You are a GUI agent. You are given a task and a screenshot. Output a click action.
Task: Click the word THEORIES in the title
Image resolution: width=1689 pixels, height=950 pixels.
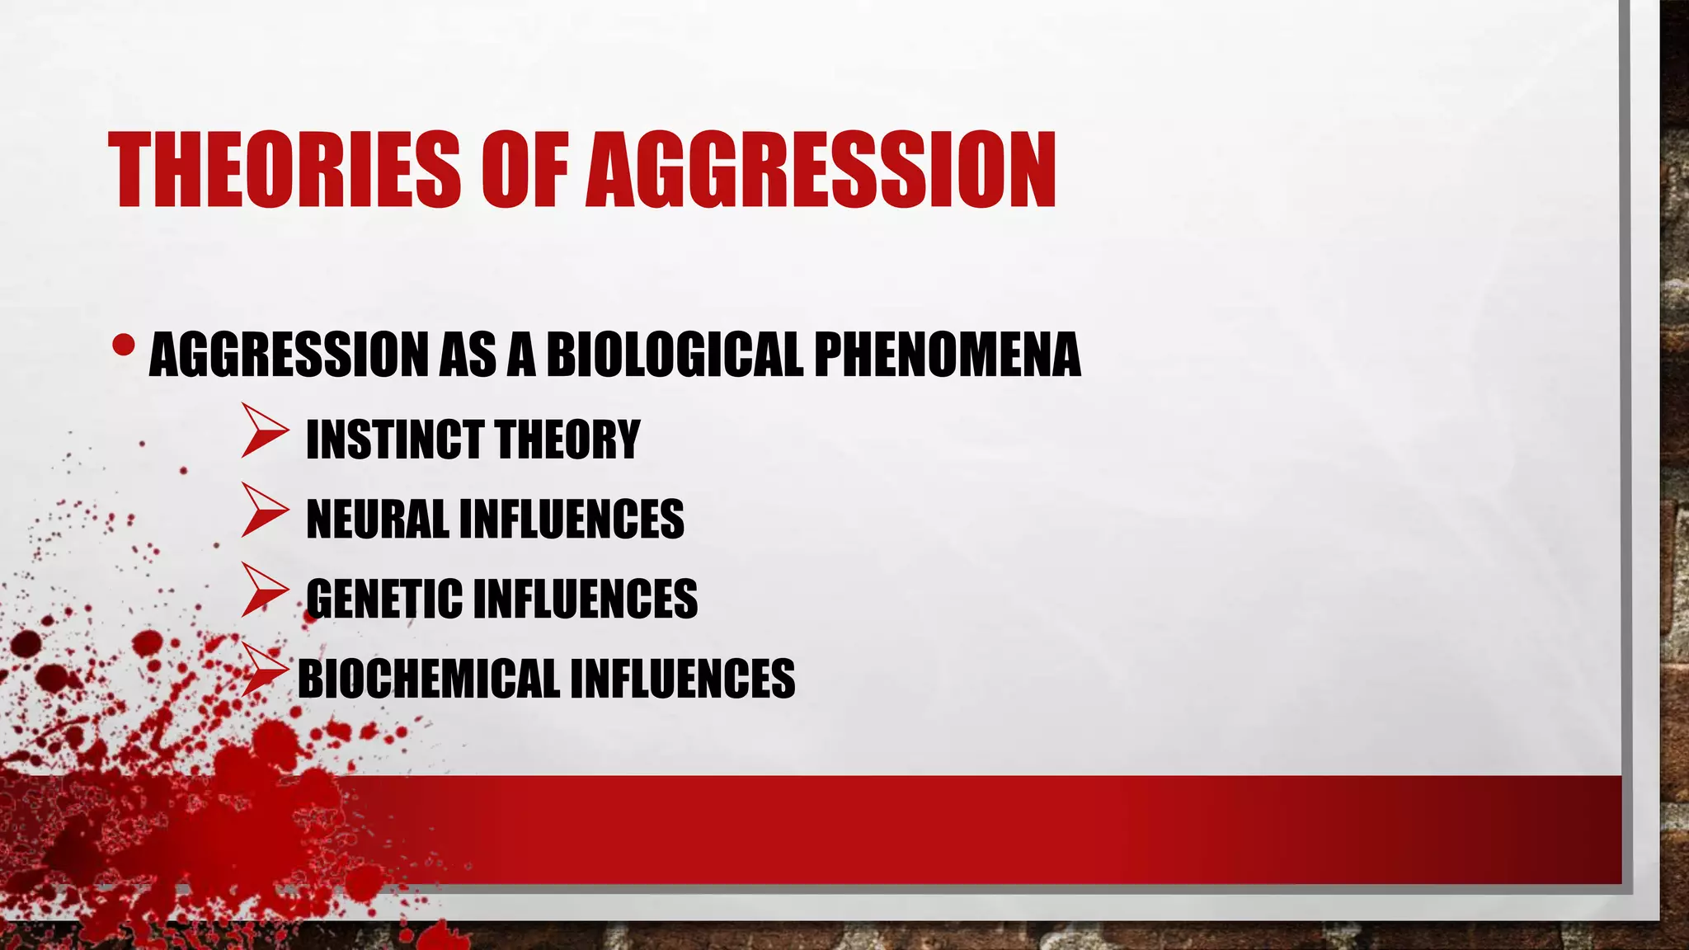[x=284, y=170]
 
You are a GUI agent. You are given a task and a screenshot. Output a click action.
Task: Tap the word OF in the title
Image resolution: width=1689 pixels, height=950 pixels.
[x=525, y=170]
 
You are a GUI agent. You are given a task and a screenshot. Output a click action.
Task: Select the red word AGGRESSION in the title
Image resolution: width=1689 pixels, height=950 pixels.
[x=821, y=170]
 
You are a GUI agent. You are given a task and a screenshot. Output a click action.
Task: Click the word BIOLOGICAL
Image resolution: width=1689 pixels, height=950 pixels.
[x=675, y=355]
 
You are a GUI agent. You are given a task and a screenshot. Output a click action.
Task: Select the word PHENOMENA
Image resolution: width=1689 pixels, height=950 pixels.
[x=947, y=355]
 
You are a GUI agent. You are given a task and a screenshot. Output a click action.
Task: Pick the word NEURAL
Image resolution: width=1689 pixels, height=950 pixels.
[x=377, y=519]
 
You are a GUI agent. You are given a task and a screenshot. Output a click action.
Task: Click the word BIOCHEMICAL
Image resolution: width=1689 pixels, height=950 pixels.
[x=428, y=679]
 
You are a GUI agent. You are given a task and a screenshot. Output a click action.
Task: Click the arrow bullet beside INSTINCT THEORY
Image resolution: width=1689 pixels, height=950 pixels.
[x=264, y=430]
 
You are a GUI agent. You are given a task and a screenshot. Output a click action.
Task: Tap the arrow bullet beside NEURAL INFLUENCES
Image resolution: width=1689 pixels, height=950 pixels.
[x=264, y=510]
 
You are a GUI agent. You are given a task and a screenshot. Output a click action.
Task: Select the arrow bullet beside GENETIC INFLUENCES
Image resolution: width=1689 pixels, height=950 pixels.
[x=264, y=590]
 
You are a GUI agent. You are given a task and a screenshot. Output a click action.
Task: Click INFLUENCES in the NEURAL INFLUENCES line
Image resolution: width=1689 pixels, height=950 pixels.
[x=572, y=519]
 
